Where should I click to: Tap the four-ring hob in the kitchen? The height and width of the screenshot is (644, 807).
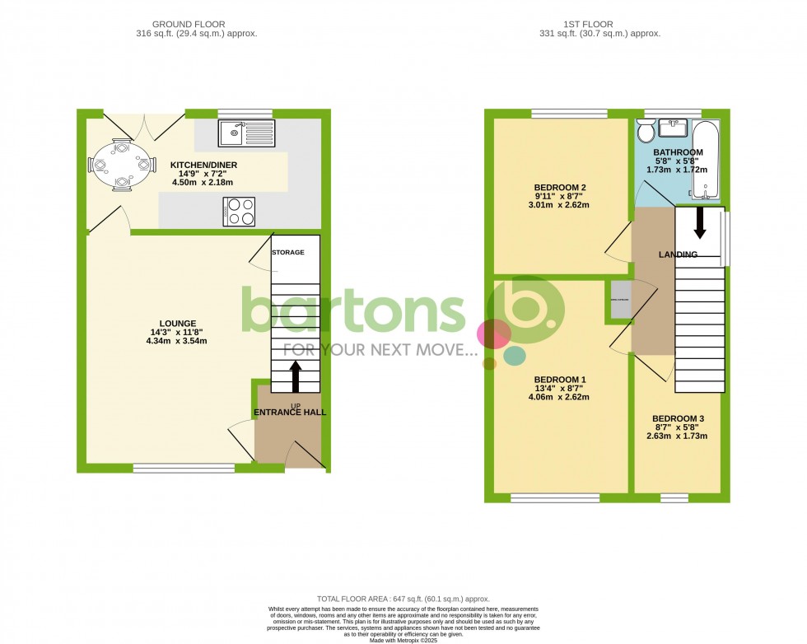pyautogui.click(x=239, y=212)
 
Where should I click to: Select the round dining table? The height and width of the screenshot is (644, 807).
pyautogui.click(x=123, y=165)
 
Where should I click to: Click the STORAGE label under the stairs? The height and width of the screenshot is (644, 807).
pyautogui.click(x=288, y=252)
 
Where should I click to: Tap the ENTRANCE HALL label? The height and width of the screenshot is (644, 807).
pyautogui.click(x=289, y=412)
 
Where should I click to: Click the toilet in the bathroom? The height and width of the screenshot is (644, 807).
pyautogui.click(x=646, y=132)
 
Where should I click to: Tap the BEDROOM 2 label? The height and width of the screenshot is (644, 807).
pyautogui.click(x=560, y=187)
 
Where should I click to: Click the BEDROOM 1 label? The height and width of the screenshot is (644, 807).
pyautogui.click(x=560, y=380)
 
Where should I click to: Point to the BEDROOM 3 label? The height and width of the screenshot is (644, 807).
pyautogui.click(x=677, y=418)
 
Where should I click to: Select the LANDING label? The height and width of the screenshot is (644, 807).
pyautogui.click(x=679, y=254)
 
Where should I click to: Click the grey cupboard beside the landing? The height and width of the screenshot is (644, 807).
pyautogui.click(x=620, y=299)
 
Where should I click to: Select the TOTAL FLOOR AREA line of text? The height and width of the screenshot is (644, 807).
pyautogui.click(x=403, y=599)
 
